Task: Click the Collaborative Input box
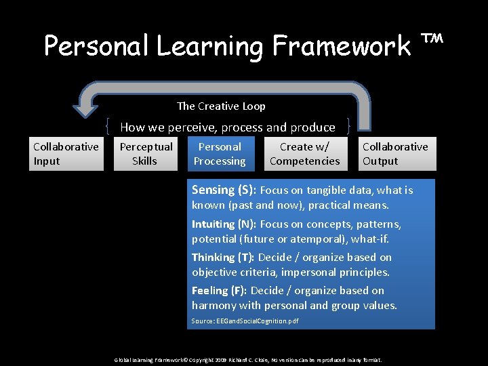click(66, 154)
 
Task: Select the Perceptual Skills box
click(146, 154)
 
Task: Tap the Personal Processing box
click(220, 154)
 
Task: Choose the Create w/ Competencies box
click(305, 154)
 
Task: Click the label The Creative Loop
click(221, 106)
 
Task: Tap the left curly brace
click(108, 127)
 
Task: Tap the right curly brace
click(348, 127)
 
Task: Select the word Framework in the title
click(342, 46)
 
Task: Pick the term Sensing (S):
click(224, 190)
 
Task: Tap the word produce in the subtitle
click(313, 127)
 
